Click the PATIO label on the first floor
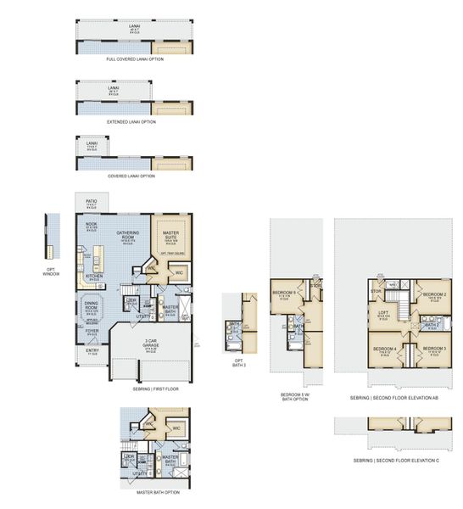click(92, 203)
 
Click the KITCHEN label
click(95, 277)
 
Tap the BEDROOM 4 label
click(385, 349)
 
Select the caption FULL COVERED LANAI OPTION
click(135, 59)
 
